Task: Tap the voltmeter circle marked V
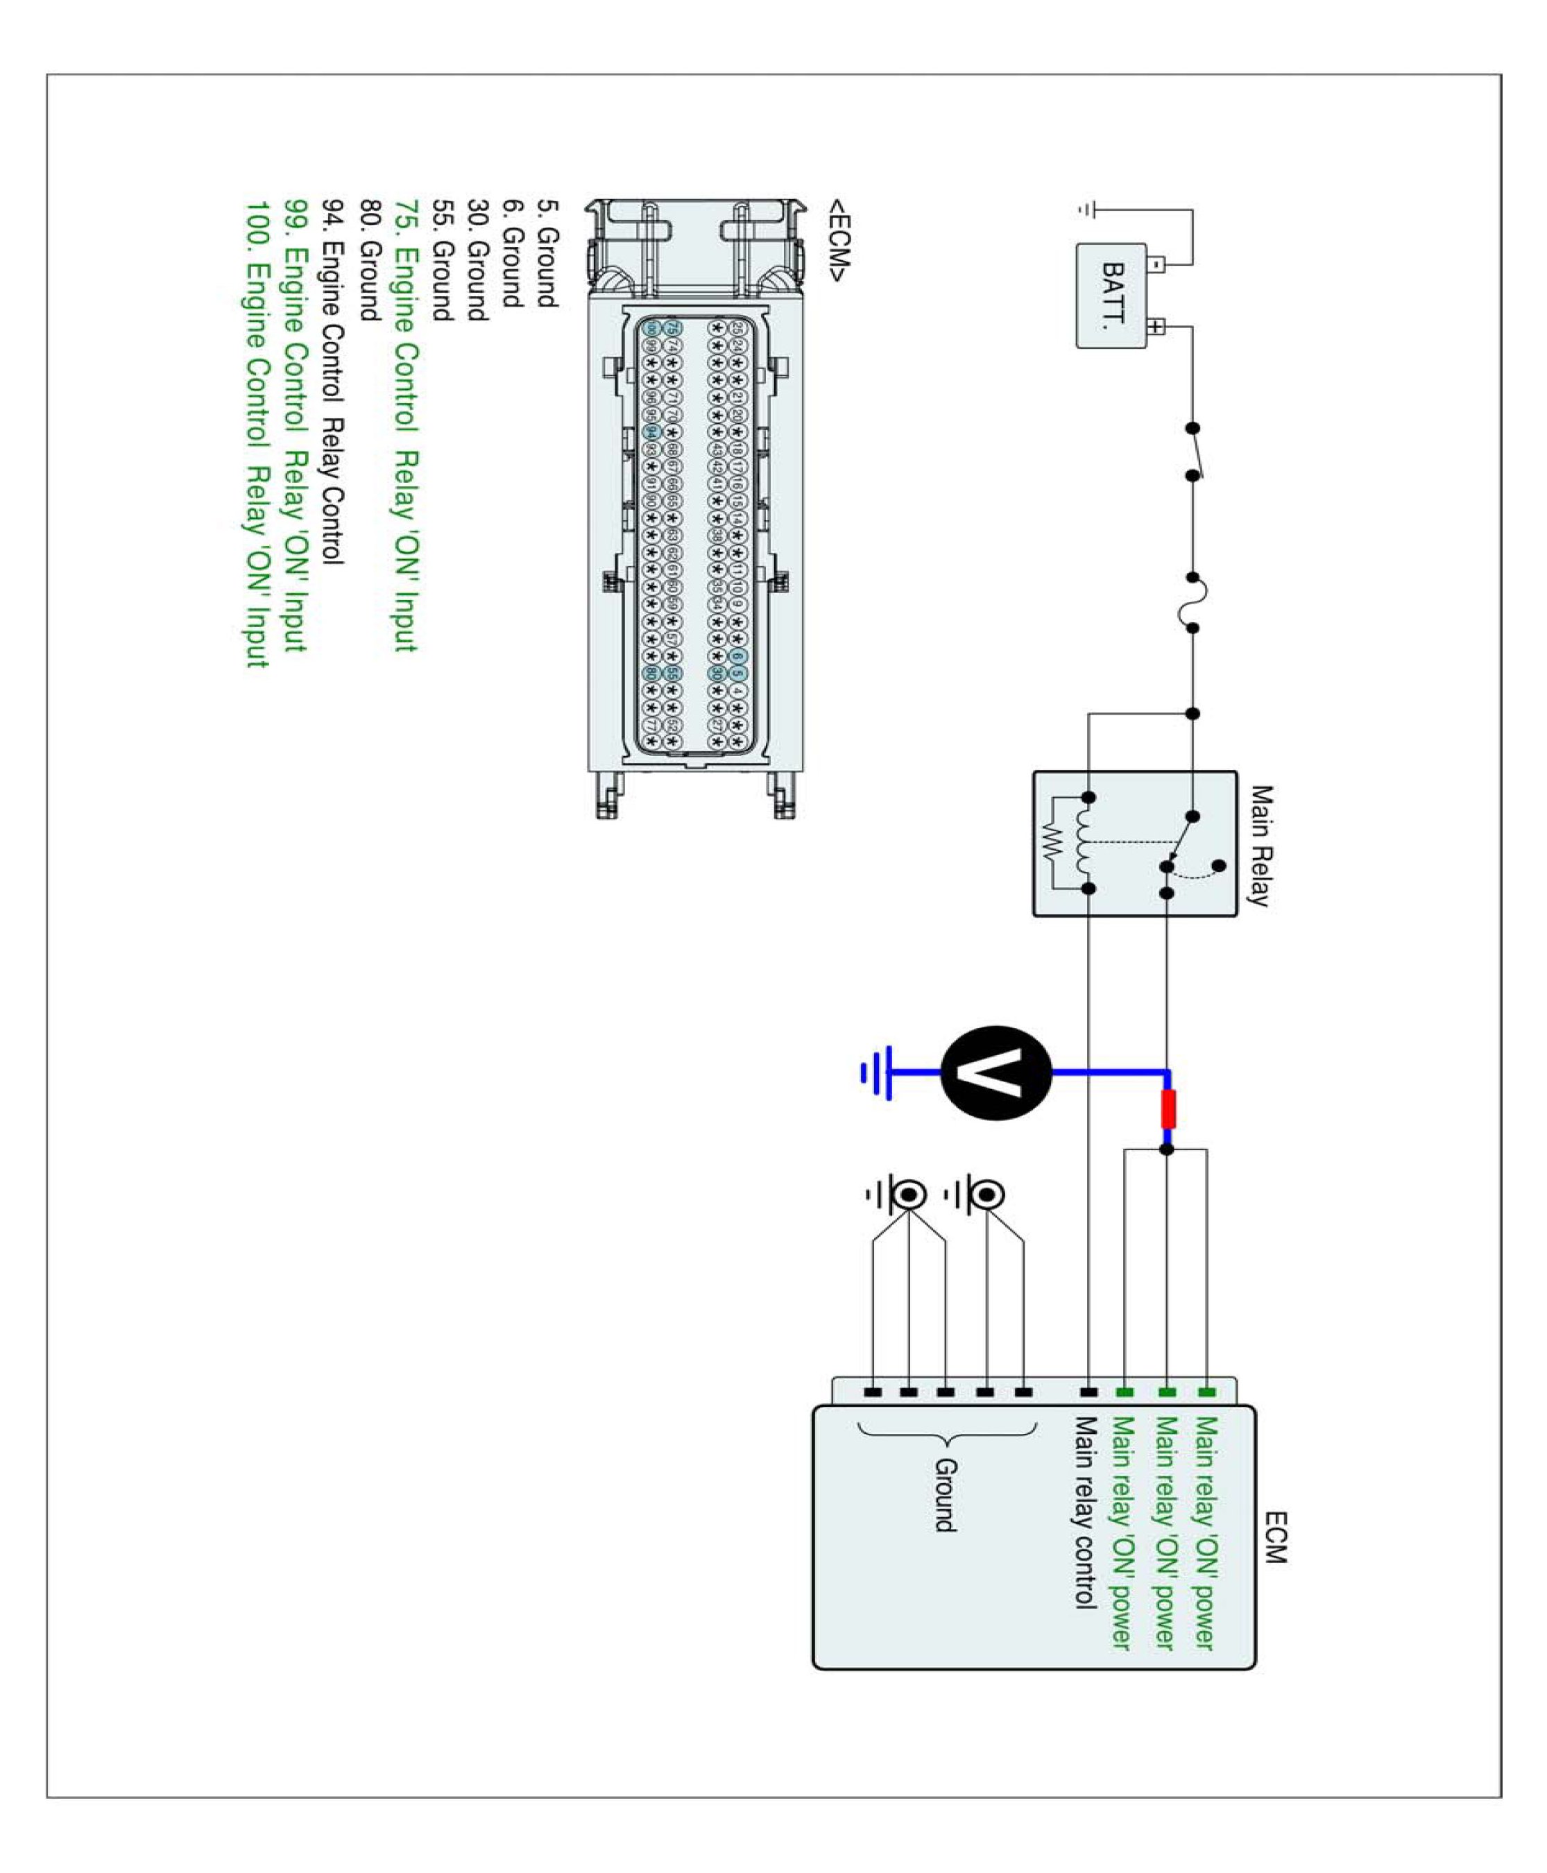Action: (996, 1073)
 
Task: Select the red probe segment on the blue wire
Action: (1168, 1109)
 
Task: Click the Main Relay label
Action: (1260, 846)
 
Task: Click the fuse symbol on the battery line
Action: (1193, 602)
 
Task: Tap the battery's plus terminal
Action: (1155, 326)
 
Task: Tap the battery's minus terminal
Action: (1155, 264)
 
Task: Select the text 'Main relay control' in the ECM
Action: (1084, 1512)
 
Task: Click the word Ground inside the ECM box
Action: (946, 1494)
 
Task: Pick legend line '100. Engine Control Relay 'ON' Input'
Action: (257, 434)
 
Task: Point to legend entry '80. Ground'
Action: (370, 259)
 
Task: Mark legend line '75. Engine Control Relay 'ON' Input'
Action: (405, 425)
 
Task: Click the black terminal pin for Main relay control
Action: (1088, 1392)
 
